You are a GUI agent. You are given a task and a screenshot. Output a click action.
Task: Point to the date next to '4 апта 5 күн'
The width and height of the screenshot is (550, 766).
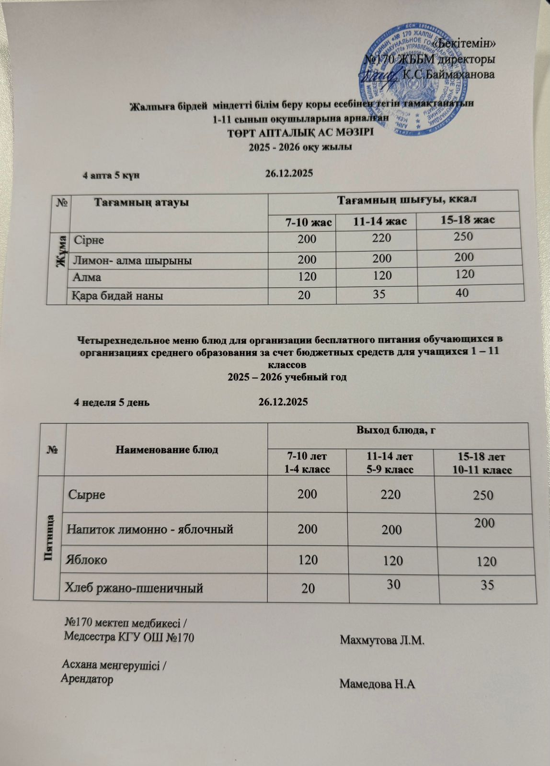point(289,173)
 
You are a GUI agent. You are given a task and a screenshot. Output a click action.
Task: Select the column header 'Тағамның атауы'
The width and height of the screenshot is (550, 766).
point(141,202)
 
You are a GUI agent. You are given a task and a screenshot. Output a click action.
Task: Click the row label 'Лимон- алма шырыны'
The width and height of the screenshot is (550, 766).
point(132,261)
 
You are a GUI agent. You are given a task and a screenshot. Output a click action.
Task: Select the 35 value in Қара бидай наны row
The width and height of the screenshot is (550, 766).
point(379,293)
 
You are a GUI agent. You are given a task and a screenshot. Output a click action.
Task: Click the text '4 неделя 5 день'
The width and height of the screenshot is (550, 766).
point(111,402)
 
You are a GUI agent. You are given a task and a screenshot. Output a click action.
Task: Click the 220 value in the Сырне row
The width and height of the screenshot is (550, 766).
point(389,494)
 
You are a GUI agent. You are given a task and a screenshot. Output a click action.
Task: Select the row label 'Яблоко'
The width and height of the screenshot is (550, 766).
point(87,559)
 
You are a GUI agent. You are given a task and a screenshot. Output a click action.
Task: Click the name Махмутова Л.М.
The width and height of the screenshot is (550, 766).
point(382,640)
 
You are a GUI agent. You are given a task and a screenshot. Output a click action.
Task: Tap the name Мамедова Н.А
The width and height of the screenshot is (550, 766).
point(377,684)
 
